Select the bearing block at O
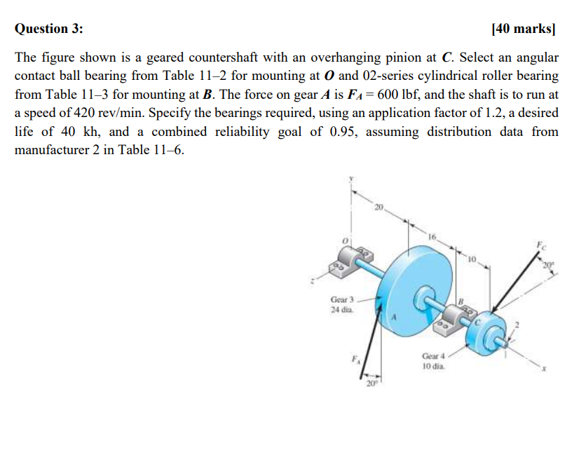354,260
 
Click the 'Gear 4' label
433,356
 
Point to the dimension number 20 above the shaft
379,206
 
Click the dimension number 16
432,238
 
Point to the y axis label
352,179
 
